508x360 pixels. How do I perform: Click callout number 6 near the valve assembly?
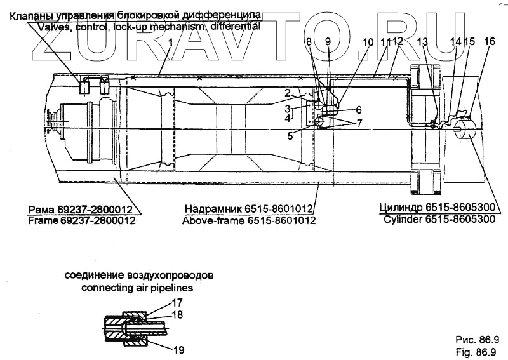[358, 109]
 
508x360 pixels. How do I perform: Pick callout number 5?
[290, 135]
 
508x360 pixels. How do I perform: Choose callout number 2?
[288, 93]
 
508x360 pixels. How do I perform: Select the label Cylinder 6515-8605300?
[439, 219]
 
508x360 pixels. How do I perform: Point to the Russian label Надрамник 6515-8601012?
[250, 208]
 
